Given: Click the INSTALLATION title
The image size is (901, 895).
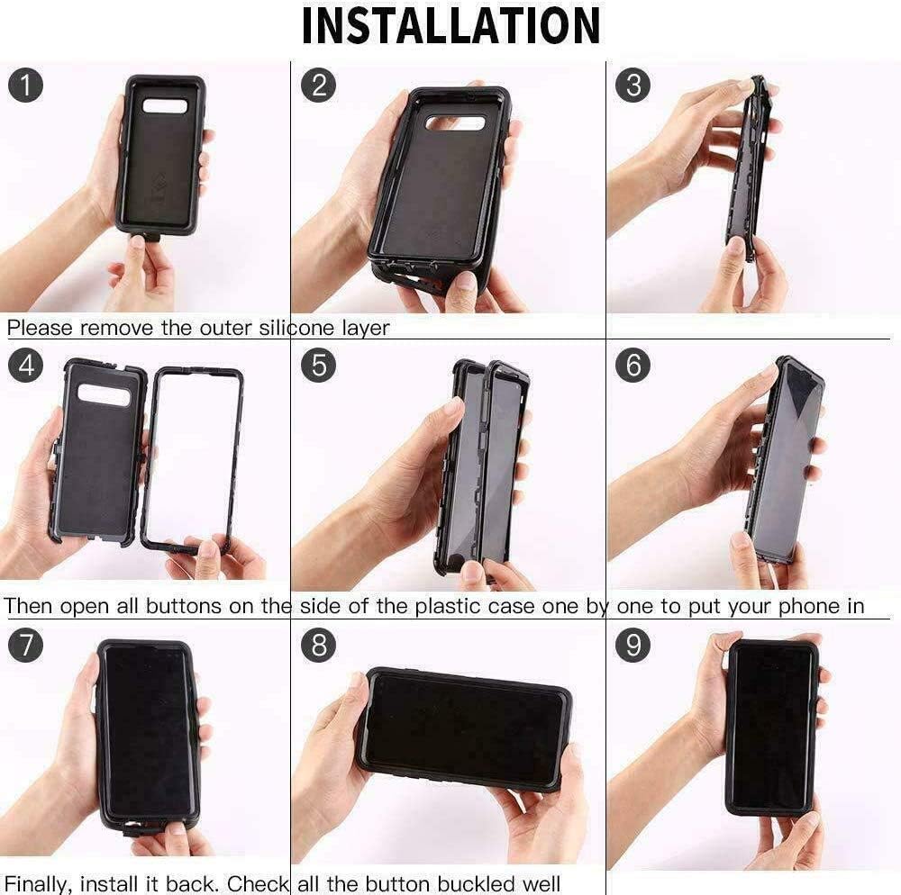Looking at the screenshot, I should tap(450, 26).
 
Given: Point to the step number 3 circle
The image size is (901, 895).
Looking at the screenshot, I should tap(633, 86).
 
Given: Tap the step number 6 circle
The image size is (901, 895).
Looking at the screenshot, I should tap(633, 366).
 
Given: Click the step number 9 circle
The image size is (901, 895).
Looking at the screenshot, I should tap(633, 646).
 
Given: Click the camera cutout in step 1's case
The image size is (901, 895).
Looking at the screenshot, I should tap(165, 106).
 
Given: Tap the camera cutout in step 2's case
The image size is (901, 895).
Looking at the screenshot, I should tap(455, 123).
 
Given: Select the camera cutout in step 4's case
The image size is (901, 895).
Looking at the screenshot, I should tap(105, 394).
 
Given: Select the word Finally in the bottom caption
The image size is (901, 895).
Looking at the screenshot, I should tap(40, 884).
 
